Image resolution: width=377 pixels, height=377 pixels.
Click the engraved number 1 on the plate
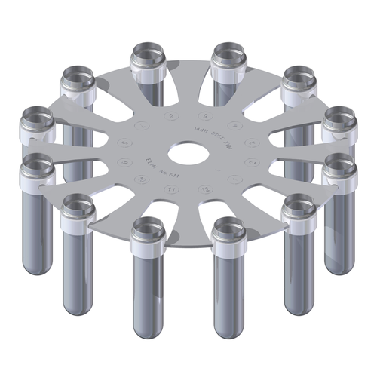[x=234, y=179]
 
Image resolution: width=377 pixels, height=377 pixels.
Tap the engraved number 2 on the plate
[x=252, y=162]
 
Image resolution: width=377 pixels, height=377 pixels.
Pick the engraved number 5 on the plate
[x=205, y=116]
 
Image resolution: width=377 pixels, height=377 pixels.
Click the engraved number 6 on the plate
[x=171, y=116]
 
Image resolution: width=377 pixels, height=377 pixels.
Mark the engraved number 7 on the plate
[x=143, y=126]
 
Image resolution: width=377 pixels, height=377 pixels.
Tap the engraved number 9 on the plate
[x=124, y=162]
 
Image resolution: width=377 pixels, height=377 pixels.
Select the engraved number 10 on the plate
[x=142, y=179]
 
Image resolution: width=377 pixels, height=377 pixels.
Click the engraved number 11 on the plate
[x=171, y=188]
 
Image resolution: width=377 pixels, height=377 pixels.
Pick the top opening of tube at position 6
[x=149, y=54]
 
